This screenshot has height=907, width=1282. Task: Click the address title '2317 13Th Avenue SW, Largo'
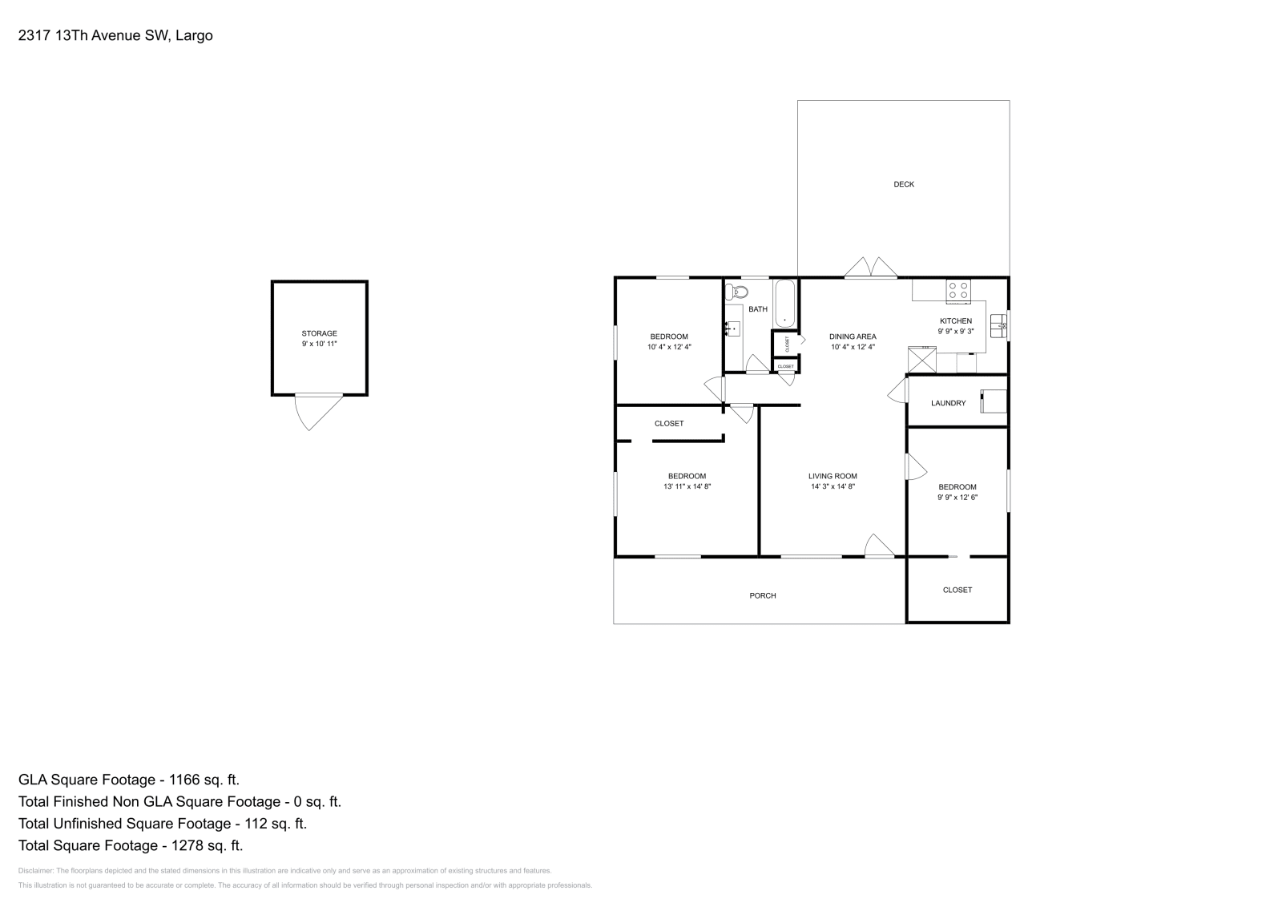click(115, 36)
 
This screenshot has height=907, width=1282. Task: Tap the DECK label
click(903, 184)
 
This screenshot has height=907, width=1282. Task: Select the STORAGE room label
click(319, 333)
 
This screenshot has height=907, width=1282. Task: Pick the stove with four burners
click(957, 290)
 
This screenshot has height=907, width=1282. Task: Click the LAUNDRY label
click(948, 403)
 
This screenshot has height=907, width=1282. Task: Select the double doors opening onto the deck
click(871, 268)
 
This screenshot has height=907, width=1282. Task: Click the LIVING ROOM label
click(832, 476)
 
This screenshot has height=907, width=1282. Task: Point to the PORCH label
click(762, 595)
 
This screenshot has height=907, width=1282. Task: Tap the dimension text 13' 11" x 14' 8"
click(687, 486)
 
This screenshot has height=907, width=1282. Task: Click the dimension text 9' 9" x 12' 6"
click(957, 497)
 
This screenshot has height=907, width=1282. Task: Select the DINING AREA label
click(853, 337)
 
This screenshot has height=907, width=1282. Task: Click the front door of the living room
click(880, 546)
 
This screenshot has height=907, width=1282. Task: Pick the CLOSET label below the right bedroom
click(957, 590)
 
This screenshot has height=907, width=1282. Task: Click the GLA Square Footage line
click(129, 780)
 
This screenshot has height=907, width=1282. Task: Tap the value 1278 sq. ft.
click(203, 845)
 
